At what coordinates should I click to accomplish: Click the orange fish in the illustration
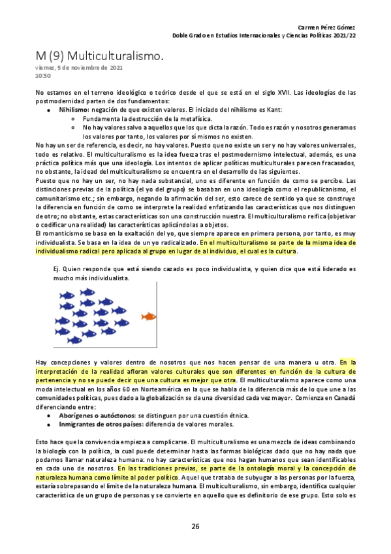click(149, 316)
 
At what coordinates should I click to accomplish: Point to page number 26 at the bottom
click(195, 527)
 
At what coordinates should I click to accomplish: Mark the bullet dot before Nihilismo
click(49, 110)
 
